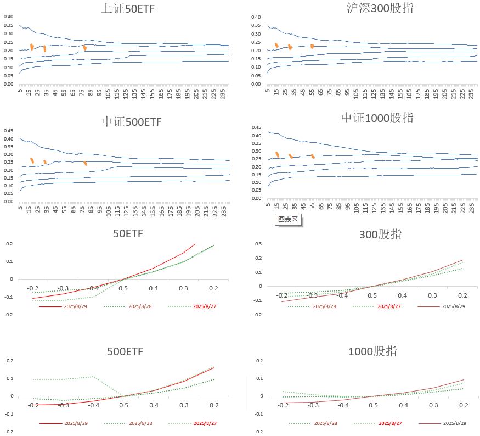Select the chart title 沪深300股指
click(380, 8)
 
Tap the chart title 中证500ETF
click(132, 121)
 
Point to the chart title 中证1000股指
click(385, 118)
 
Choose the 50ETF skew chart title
click(128, 233)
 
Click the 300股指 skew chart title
click(380, 234)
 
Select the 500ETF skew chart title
click(128, 351)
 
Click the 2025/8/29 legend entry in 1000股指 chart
click(454, 423)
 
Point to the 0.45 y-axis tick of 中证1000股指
click(256, 128)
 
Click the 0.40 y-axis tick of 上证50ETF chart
click(8, 16)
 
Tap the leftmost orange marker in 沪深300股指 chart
click(276, 45)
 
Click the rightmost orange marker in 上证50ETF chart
click(84, 48)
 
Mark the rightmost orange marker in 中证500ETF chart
click(85, 163)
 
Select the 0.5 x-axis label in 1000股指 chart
click(373, 405)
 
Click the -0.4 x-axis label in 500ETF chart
click(94, 405)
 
